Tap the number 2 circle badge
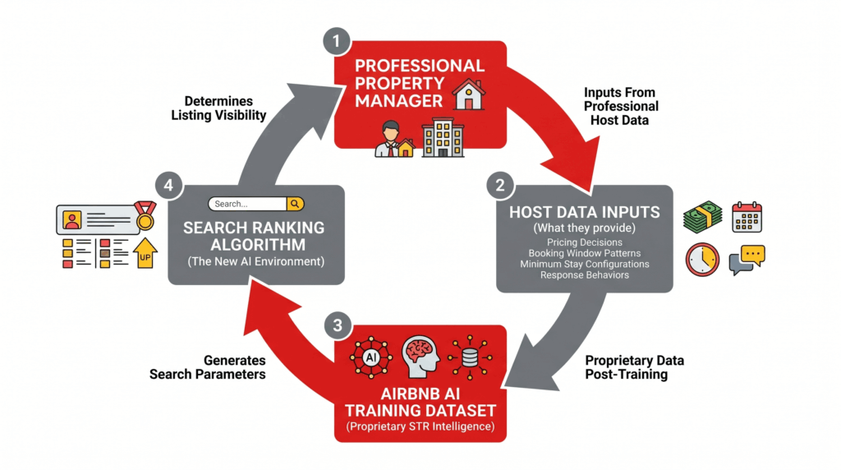click(499, 186)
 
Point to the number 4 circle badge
click(169, 187)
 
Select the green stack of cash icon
click(702, 218)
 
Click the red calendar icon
click(747, 217)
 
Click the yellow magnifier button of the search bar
click(296, 204)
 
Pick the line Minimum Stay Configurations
click(584, 264)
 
